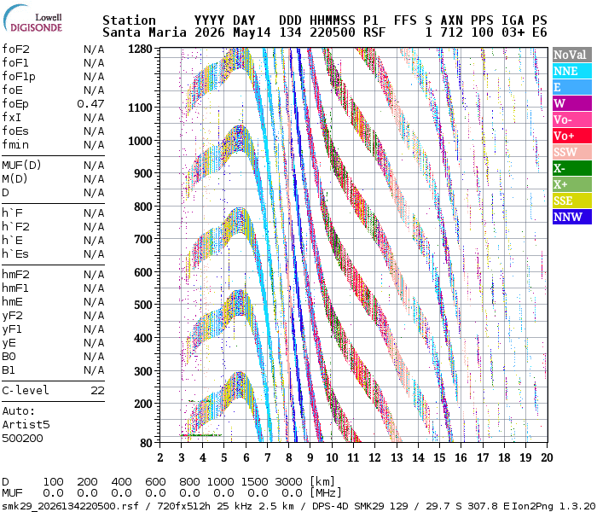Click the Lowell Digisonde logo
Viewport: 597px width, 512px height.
[33, 19]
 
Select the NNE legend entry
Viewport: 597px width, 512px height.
[572, 71]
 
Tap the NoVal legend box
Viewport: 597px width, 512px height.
[572, 55]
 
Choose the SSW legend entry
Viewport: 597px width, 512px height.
[572, 152]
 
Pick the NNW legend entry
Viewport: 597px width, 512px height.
[572, 217]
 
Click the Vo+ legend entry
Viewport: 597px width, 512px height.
[572, 136]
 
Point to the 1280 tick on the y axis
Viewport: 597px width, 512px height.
[140, 49]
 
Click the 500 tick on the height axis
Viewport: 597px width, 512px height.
[143, 305]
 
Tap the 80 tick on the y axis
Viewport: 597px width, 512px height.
[146, 443]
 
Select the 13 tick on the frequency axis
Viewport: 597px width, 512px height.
[397, 457]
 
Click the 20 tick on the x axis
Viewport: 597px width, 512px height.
[547, 457]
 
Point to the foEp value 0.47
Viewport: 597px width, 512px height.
[90, 103]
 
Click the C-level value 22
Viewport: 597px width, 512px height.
[97, 391]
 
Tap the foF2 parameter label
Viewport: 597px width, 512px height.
[15, 49]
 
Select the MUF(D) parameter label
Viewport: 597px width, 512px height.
[21, 166]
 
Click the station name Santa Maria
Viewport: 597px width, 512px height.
[144, 32]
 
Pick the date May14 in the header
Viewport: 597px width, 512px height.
[252, 32]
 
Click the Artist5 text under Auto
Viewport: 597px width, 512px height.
[26, 424]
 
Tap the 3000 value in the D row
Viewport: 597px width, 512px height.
[288, 481]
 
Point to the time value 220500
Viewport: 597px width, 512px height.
[333, 32]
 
